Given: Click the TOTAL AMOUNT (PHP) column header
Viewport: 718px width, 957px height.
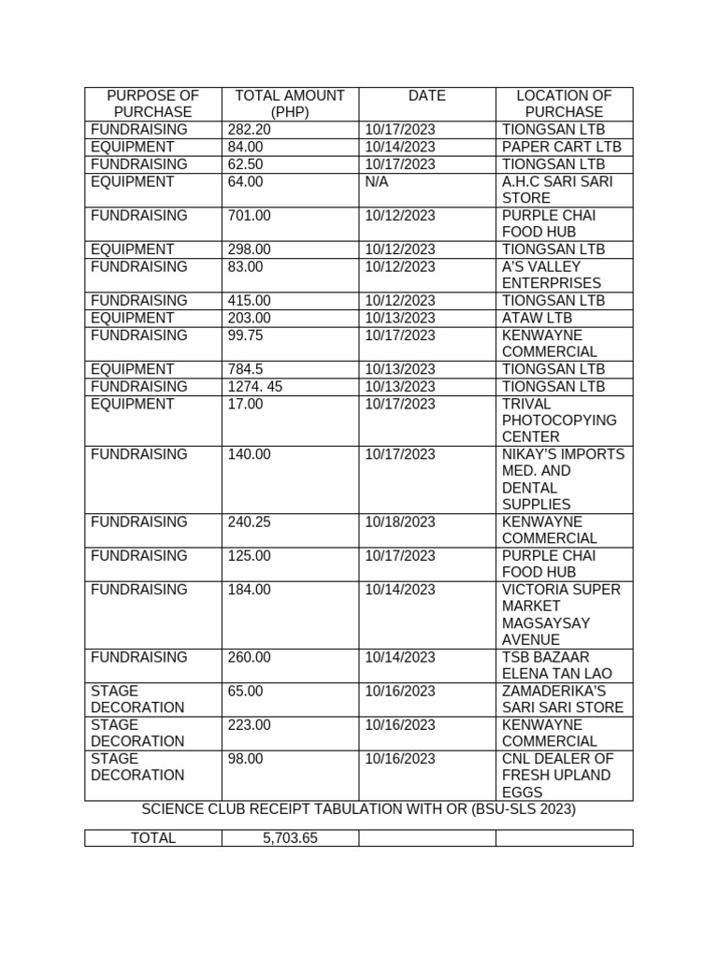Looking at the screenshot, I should pos(290,104).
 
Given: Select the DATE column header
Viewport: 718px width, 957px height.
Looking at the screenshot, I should pos(427,95).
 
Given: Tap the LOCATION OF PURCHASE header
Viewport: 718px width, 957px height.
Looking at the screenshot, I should pos(564,104).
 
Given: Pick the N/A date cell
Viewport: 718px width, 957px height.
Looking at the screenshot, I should pos(377,181).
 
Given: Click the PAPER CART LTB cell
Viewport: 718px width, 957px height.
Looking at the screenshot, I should pos(561,147).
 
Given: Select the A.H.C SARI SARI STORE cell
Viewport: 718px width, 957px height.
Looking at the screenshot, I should pos(557,190).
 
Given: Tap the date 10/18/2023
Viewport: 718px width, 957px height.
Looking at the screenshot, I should pos(400,521).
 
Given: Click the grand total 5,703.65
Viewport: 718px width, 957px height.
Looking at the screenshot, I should pos(290,838).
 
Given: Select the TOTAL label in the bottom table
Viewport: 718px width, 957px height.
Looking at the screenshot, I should pos(153,838).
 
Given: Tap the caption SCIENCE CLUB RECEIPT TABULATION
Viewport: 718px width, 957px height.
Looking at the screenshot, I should pos(358,809).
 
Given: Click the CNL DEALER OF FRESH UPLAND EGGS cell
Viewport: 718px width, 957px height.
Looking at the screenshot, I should pos(557,775).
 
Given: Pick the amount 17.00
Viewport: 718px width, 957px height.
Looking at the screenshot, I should pos(246,404).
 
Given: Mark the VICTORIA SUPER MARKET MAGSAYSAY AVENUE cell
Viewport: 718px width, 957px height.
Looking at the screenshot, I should pos(561,614).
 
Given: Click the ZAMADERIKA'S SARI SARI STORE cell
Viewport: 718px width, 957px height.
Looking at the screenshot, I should pos(562,699).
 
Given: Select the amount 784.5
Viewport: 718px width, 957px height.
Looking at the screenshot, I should pos(246,369).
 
